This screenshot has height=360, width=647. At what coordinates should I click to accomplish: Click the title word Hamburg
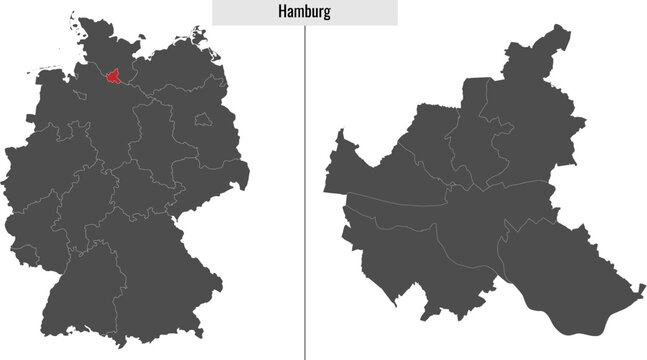(x=305, y=12)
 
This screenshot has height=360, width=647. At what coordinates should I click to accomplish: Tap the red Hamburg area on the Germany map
(x=116, y=77)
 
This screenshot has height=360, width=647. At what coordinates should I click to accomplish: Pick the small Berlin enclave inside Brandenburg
(x=204, y=119)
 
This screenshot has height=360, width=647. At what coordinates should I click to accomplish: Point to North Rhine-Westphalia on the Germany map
(x=45, y=165)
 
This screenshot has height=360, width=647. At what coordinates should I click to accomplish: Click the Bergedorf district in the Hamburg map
(x=560, y=270)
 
